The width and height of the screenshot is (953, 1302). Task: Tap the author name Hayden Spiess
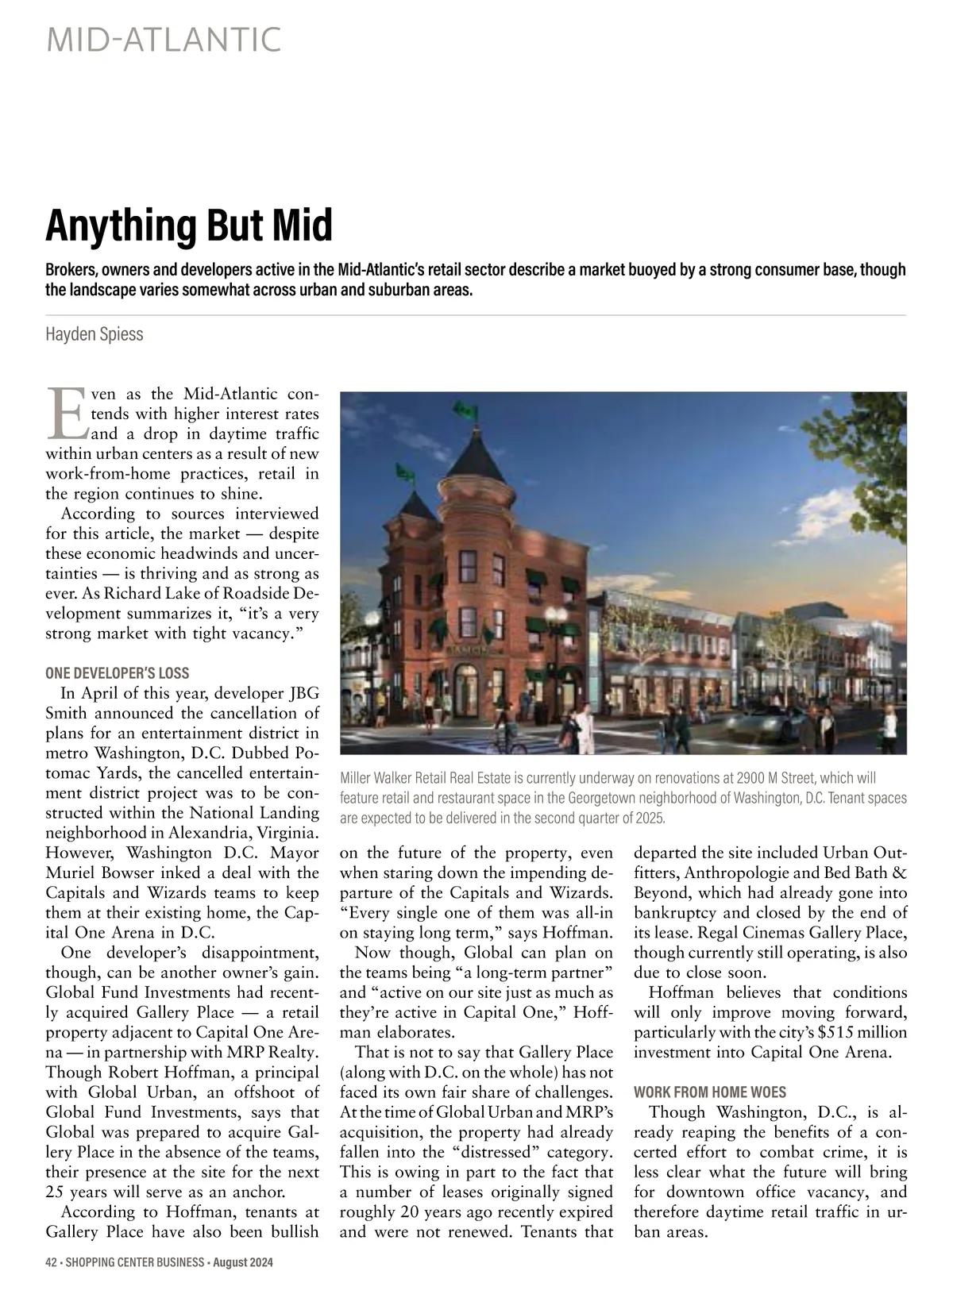(95, 333)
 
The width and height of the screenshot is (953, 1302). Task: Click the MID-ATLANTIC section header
(164, 40)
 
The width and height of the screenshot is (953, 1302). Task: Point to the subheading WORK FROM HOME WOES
(710, 1092)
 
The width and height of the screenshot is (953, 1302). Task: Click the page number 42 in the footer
(52, 1263)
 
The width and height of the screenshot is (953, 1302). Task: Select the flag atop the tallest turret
(461, 409)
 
